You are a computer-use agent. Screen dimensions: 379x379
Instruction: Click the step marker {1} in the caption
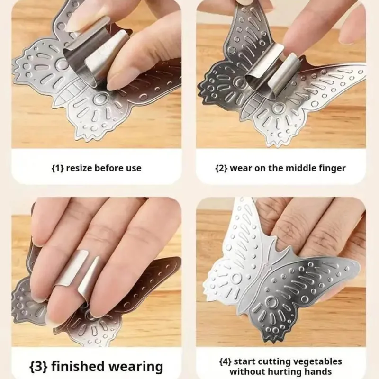[x=57, y=168]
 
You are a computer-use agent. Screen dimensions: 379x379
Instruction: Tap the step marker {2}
[x=221, y=168]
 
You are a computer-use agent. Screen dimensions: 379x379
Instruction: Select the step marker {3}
[x=38, y=366]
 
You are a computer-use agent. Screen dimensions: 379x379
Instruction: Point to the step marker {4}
[x=226, y=362]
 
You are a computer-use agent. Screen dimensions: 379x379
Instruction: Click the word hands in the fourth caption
[x=319, y=371]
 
